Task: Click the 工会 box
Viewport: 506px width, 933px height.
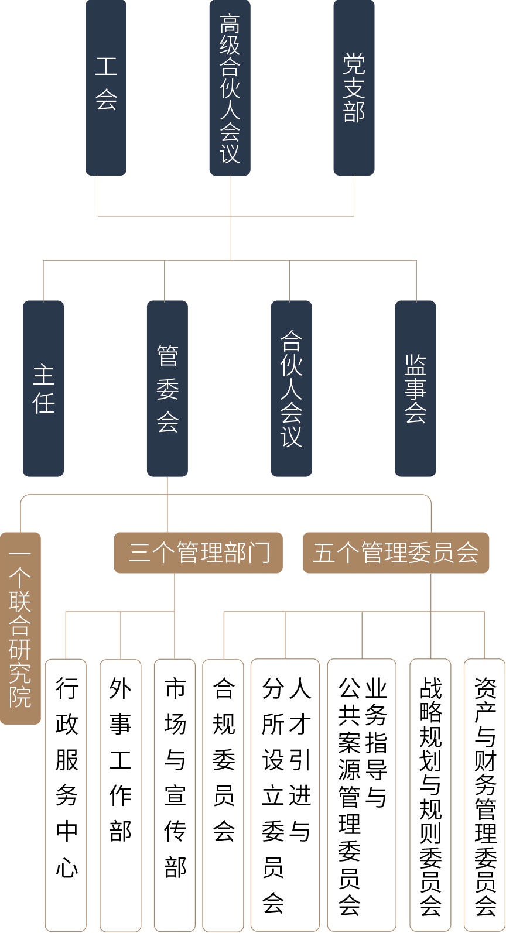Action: [x=106, y=87]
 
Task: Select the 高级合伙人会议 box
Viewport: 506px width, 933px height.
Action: [x=230, y=87]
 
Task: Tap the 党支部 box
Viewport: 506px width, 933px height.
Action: [x=354, y=87]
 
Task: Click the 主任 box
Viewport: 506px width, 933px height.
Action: [x=43, y=389]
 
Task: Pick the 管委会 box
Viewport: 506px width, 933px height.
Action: [x=167, y=389]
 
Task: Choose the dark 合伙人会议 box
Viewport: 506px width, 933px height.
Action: [x=291, y=389]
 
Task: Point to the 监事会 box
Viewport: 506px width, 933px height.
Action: [x=415, y=389]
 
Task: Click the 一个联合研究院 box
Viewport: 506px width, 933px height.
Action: [x=20, y=628]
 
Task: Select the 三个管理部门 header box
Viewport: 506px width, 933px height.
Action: [x=199, y=553]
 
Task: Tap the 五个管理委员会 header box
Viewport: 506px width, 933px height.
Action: [x=395, y=553]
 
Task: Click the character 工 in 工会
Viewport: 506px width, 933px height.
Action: [x=106, y=67]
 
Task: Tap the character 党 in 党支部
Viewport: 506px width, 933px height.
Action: [x=354, y=63]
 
